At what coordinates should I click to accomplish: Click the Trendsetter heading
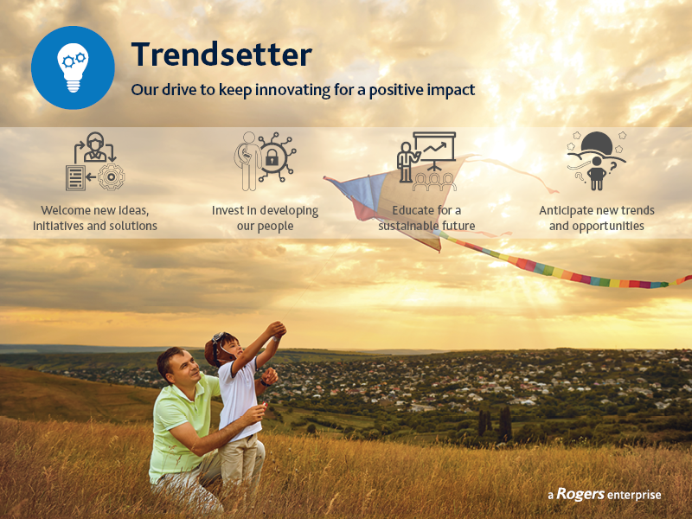(x=221, y=54)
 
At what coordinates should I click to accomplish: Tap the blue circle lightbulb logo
(x=73, y=67)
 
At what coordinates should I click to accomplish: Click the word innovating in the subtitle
(x=292, y=90)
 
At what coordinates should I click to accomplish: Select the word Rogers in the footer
(x=580, y=494)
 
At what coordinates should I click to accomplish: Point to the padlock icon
(x=272, y=157)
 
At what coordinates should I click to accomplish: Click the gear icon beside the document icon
(x=112, y=177)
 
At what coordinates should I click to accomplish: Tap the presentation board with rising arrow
(x=434, y=147)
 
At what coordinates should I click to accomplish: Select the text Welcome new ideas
(x=95, y=210)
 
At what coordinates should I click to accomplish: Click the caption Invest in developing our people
(x=265, y=218)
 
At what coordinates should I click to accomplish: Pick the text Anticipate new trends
(x=597, y=210)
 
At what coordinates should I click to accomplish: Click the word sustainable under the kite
(x=408, y=226)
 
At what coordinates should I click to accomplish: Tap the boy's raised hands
(x=276, y=330)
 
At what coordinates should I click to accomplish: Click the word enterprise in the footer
(x=634, y=496)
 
